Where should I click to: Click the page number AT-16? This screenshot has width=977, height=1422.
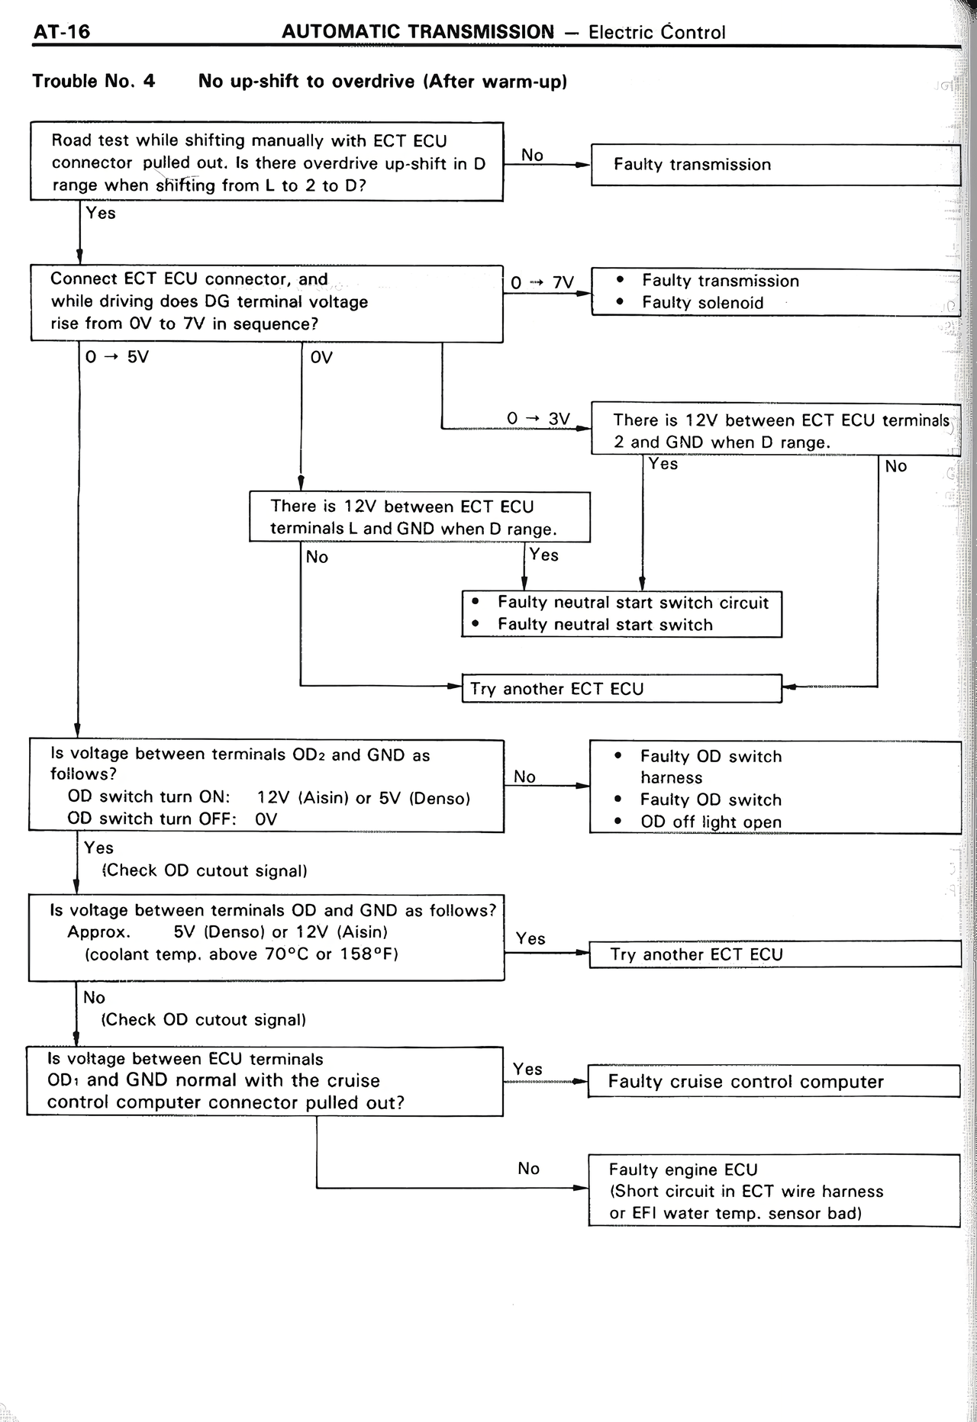(x=61, y=31)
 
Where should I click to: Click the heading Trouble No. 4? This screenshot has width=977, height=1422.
(x=93, y=81)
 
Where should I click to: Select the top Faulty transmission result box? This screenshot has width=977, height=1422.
(x=775, y=165)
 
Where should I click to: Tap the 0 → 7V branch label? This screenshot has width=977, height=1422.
(x=542, y=283)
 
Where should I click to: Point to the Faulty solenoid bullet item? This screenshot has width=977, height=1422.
(x=701, y=303)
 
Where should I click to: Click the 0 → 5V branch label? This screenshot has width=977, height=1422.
(x=117, y=357)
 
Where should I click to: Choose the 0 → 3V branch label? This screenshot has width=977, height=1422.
(x=538, y=419)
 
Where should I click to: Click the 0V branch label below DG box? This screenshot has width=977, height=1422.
(x=321, y=357)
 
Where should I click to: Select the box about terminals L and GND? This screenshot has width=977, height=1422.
(x=419, y=517)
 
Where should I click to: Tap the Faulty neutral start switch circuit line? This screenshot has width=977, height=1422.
(x=632, y=603)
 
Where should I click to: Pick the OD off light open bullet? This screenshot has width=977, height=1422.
(x=710, y=822)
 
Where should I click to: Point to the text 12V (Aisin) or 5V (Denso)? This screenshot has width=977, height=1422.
(x=363, y=798)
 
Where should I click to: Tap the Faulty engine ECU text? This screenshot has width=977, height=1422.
(x=682, y=1169)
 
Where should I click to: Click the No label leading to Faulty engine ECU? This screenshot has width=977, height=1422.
(x=528, y=1169)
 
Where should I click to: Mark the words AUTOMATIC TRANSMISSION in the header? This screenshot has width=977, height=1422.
(x=418, y=32)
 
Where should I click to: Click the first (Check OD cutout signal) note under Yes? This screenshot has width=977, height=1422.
(x=205, y=870)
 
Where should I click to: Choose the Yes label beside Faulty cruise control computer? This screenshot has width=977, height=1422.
(x=527, y=1069)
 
